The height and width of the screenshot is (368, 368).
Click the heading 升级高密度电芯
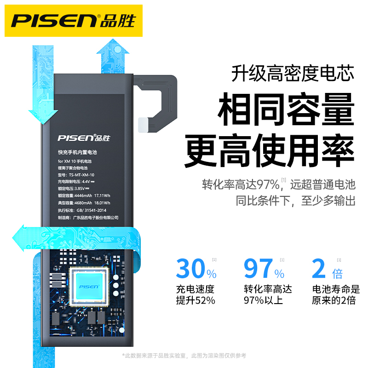coord(293,73)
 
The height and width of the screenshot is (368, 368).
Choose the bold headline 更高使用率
coord(270,151)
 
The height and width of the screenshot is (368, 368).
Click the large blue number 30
coord(191,269)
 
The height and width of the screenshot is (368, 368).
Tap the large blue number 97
coord(258,269)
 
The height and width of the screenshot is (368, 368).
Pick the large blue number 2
coord(319,269)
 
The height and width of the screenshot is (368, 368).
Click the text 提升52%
coord(195,301)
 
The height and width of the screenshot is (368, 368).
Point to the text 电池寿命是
coord(336,289)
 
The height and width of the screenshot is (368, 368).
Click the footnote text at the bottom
coord(184,356)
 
